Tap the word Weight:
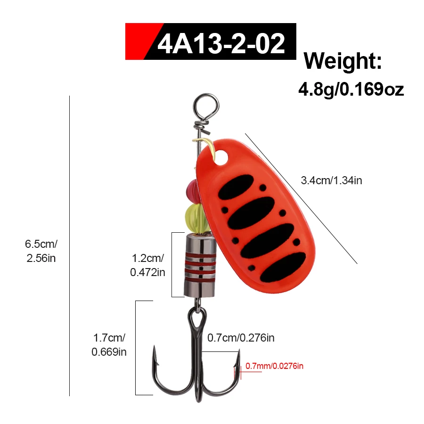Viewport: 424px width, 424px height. pos(342,61)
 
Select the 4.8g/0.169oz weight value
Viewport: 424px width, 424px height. pos(351,89)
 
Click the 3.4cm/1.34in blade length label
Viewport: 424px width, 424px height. pos(331,180)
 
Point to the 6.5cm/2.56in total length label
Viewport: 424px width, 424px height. pos(41,251)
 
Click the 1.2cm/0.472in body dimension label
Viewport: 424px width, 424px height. pos(147,265)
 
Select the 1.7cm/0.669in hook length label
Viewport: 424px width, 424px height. pos(109,345)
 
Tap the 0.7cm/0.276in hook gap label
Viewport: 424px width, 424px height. pos(241,338)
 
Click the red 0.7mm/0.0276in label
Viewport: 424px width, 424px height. pos(274,366)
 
